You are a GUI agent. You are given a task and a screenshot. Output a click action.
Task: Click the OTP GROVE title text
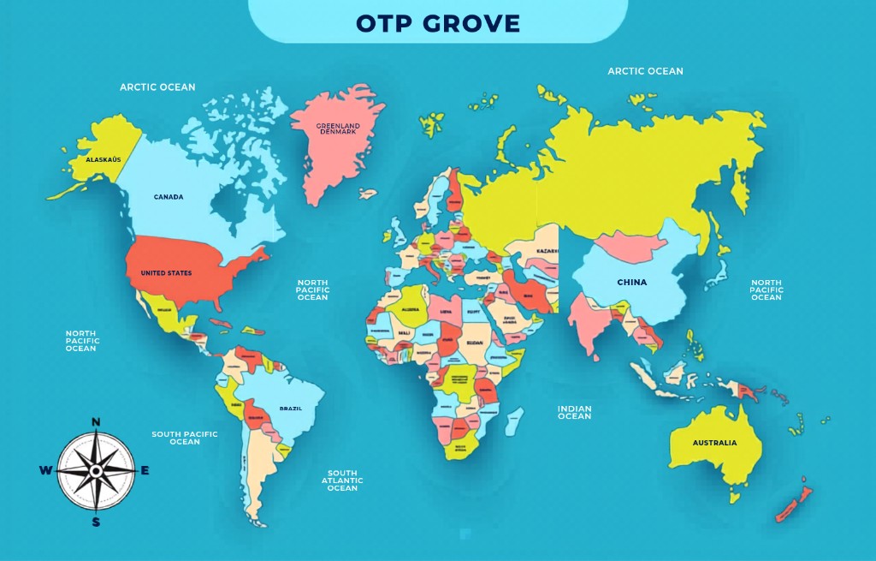click(438, 23)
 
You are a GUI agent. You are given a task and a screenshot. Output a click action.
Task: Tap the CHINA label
click(632, 283)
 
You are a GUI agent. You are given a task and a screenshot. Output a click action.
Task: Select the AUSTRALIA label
click(714, 443)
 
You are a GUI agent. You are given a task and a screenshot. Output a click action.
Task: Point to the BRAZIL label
click(291, 409)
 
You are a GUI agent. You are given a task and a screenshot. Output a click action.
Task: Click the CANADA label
click(169, 197)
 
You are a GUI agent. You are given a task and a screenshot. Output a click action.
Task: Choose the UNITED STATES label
click(166, 273)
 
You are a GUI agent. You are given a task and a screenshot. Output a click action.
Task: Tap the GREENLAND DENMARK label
click(339, 129)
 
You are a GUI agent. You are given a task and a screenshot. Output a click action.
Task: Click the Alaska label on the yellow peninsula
click(104, 160)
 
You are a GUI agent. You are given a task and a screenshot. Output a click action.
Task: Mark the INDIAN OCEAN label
click(575, 412)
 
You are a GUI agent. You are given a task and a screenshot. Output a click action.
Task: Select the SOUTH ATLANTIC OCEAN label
click(342, 480)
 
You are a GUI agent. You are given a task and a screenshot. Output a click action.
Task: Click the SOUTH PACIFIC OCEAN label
click(185, 438)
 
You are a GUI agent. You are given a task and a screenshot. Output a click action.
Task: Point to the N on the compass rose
click(96, 421)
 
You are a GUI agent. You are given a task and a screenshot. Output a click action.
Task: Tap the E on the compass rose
click(145, 470)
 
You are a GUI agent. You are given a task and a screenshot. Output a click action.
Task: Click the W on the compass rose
click(45, 470)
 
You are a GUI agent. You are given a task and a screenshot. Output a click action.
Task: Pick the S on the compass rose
click(96, 522)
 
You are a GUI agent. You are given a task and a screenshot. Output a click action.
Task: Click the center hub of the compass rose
click(96, 470)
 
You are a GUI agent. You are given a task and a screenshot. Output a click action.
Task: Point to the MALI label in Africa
click(405, 332)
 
